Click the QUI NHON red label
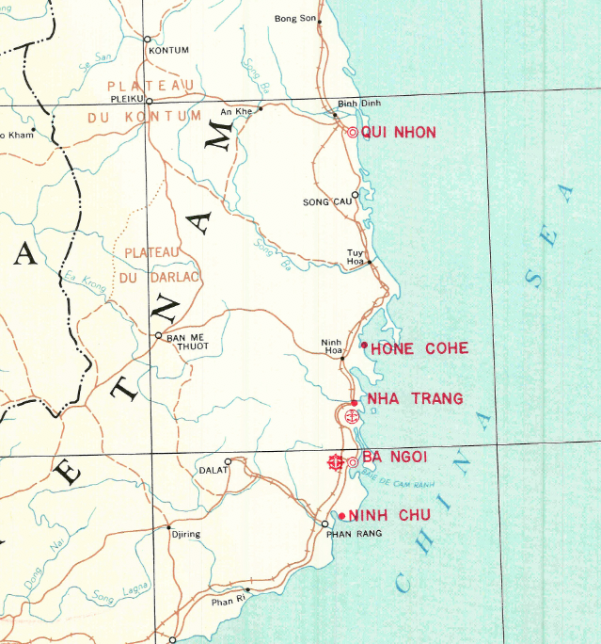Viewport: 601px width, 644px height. coord(398,133)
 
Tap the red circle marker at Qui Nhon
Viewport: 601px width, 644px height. coord(353,133)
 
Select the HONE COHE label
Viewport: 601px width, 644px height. coord(419,349)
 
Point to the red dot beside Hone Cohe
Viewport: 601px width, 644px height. coord(364,345)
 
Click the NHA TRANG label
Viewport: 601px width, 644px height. coord(415,399)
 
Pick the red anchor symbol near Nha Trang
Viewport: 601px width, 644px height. coord(351,415)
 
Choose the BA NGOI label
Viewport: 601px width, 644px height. coord(394,457)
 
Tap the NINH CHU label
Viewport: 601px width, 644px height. coord(389,515)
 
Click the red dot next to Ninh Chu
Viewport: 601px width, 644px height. coord(341,515)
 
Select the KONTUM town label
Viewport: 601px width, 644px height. coord(169,50)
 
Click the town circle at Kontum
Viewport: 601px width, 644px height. coord(147,39)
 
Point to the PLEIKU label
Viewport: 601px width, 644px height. coord(126,97)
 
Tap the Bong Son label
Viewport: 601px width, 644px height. coord(294,18)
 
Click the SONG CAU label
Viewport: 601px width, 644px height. coord(326,201)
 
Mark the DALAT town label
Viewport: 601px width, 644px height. coord(213,469)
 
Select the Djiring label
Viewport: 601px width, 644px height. coord(184,535)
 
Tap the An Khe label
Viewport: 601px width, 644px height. coord(237,112)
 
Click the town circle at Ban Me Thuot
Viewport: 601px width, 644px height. coord(159,335)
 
